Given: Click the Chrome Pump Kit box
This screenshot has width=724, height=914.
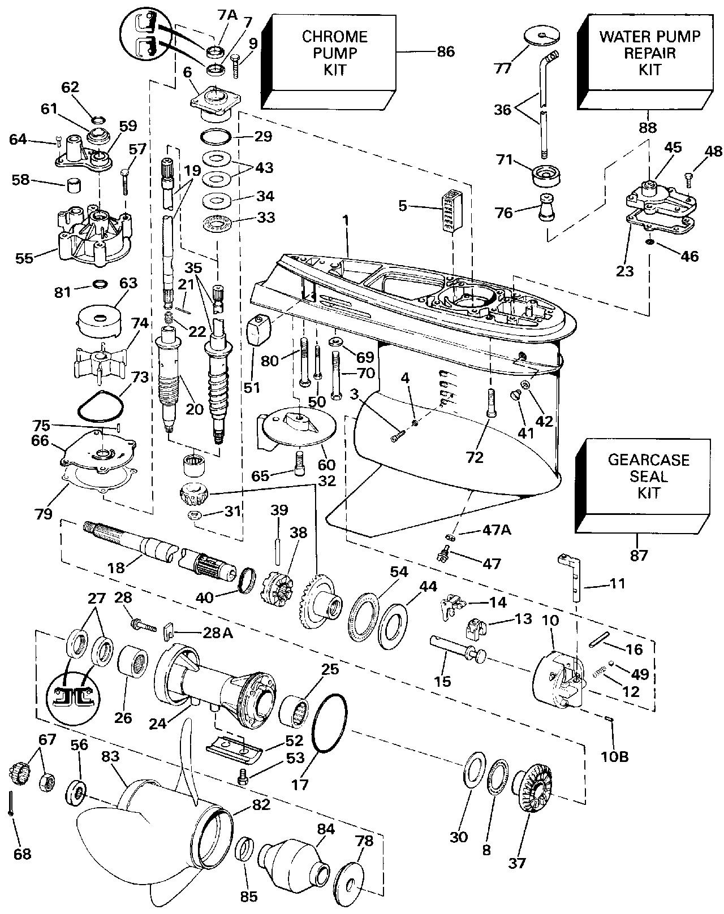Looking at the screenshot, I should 334,57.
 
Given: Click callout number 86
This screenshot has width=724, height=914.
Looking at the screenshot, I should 446,51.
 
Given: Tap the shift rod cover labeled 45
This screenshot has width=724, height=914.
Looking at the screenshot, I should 659,203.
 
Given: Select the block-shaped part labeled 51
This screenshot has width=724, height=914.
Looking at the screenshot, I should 261,331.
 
